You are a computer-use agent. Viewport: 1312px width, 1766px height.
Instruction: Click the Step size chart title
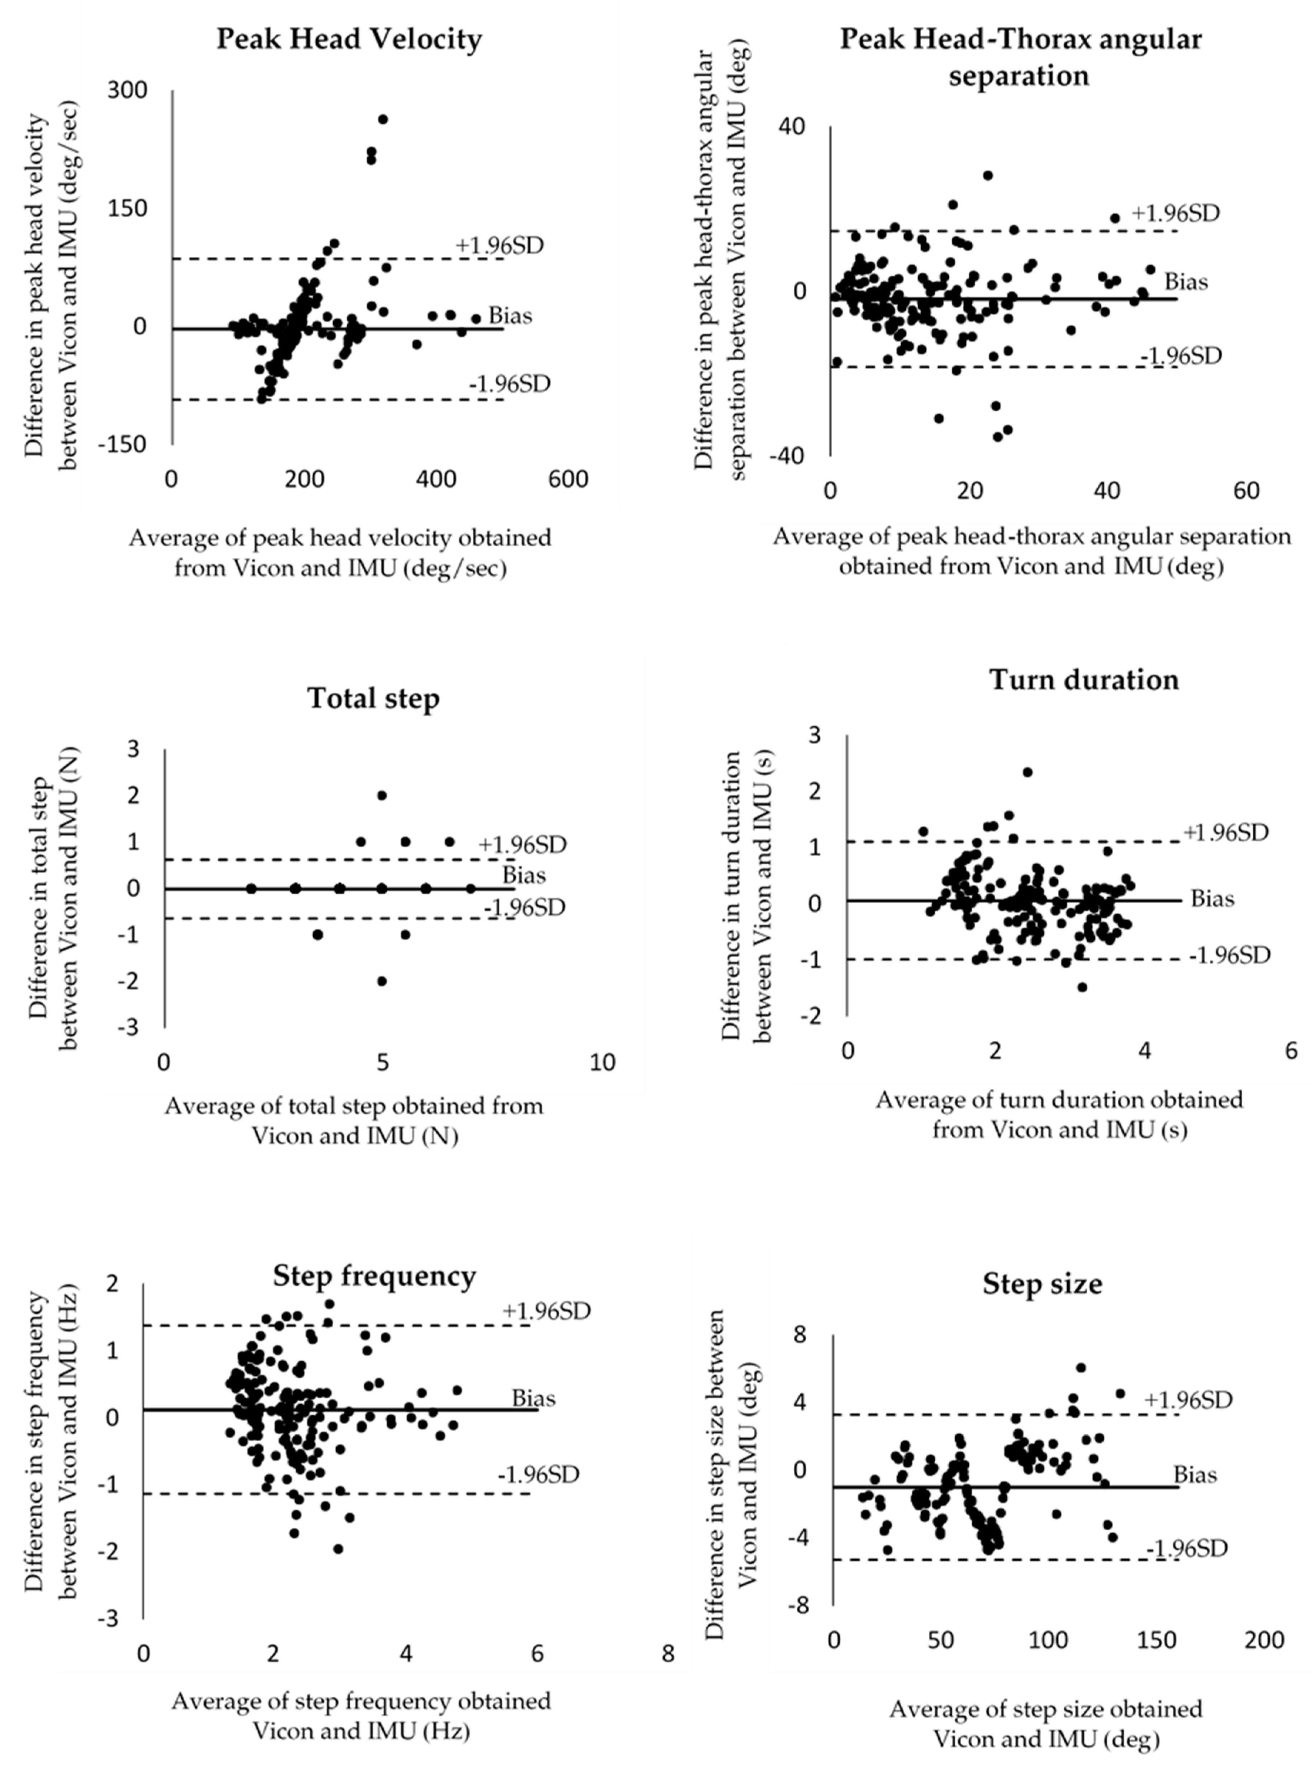pos(1042,1284)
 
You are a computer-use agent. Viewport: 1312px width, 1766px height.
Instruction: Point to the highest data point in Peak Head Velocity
pos(383,119)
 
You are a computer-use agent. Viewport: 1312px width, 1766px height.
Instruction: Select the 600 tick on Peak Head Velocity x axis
pos(569,480)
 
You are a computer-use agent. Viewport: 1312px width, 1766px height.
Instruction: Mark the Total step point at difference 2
pos(382,795)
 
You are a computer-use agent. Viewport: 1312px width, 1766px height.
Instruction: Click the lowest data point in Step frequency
pos(338,1548)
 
